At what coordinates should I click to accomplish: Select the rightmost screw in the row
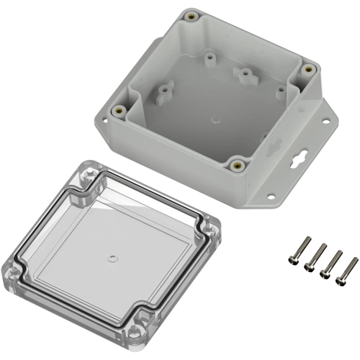click(348, 270)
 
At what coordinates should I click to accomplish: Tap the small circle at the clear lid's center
click(111, 256)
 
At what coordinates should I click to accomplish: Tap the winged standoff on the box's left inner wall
click(165, 90)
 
